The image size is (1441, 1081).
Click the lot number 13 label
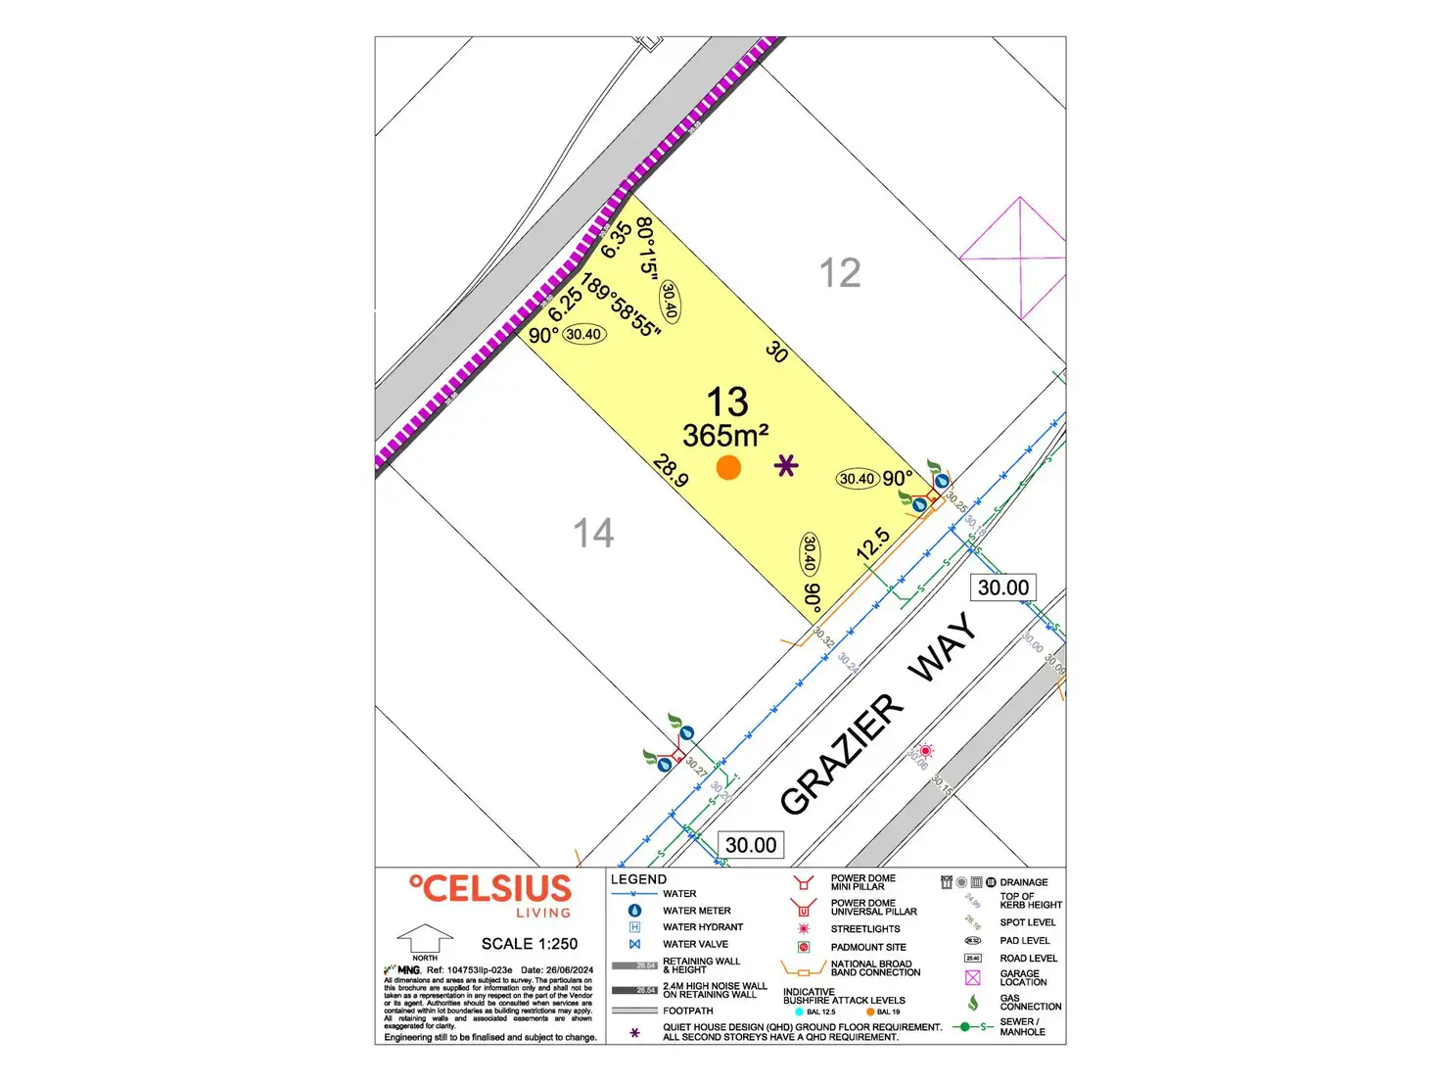tap(727, 402)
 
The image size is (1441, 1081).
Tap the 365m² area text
tap(725, 436)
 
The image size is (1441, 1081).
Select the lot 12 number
tap(840, 273)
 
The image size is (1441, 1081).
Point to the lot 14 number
tap(593, 534)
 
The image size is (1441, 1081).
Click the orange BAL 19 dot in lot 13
tap(728, 467)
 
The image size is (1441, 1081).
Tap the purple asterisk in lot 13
tap(785, 466)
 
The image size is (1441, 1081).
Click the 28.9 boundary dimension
tap(672, 470)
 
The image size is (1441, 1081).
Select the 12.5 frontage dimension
tap(872, 543)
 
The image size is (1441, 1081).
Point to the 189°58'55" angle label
tap(621, 305)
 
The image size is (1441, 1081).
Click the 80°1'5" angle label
tap(646, 247)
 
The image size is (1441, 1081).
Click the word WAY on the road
tap(943, 647)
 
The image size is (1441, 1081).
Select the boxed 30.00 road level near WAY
tap(1003, 587)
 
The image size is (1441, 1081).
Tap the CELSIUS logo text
tap(490, 889)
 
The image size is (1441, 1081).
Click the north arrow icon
tap(424, 939)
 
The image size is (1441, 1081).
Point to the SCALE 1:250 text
tap(530, 944)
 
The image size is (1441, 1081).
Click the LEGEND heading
tap(638, 879)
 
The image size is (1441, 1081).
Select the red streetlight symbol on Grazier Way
tap(925, 751)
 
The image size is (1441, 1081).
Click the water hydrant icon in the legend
tap(634, 927)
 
